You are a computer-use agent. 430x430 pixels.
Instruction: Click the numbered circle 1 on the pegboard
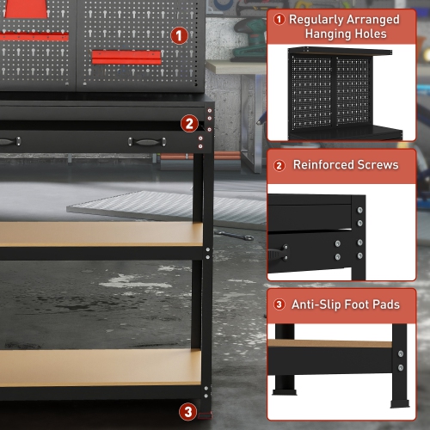pos(179,35)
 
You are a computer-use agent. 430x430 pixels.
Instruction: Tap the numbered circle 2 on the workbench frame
pos(189,123)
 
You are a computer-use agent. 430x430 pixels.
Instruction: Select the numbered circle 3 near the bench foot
pos(187,411)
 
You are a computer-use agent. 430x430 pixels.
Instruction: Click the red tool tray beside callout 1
pos(126,57)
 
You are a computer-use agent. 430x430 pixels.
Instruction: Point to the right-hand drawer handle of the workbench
pos(142,141)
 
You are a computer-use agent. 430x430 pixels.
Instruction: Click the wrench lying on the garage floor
pos(234,233)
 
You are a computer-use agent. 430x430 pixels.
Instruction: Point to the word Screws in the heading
pos(378,164)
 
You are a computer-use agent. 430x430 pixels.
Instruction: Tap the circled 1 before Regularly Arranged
pos(279,19)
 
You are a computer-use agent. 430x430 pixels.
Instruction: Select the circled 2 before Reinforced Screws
pos(279,164)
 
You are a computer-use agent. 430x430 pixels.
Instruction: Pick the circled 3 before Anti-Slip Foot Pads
pos(279,304)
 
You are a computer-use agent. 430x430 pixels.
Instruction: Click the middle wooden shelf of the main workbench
pos(99,234)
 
